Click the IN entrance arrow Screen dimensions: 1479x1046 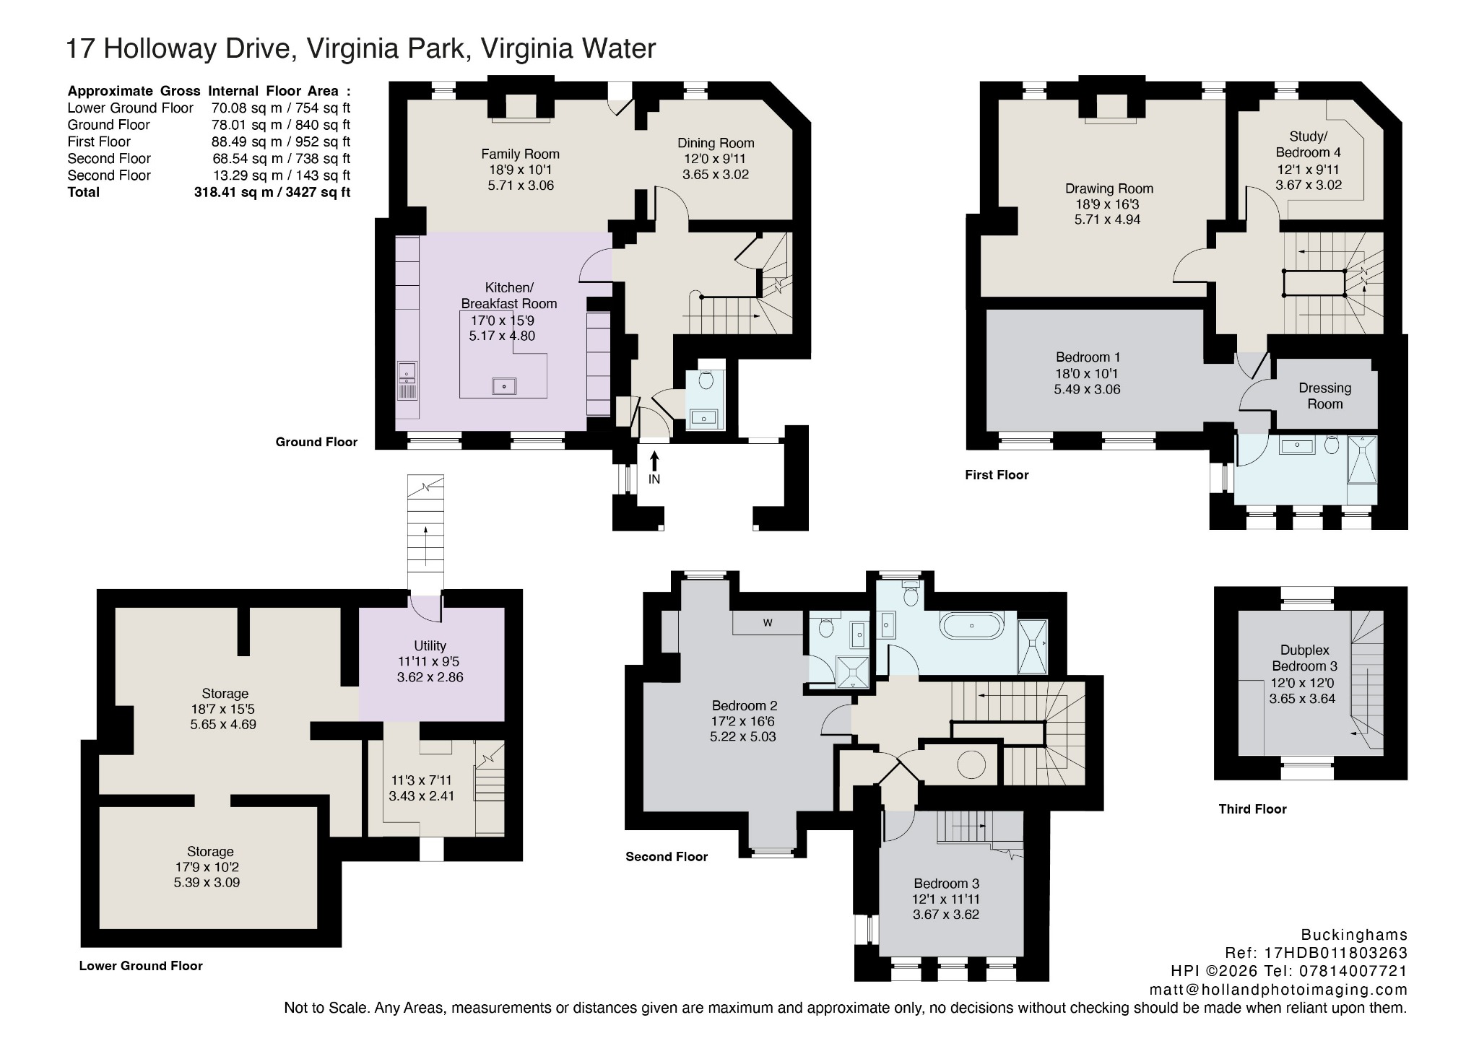654,461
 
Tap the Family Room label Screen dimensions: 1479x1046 520,154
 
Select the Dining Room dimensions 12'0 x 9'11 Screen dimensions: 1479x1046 715,159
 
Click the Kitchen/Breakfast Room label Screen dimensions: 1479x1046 509,295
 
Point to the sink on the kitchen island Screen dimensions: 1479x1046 504,386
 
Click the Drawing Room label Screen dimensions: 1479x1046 1109,188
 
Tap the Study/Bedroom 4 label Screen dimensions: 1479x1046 1308,144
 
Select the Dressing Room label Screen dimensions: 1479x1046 1324,396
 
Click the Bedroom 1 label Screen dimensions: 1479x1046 1088,357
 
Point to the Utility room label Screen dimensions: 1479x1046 430,645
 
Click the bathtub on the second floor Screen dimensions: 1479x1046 972,625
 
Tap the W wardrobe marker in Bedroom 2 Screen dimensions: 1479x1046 768,623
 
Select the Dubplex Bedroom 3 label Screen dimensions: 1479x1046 1304,658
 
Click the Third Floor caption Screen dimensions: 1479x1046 1252,809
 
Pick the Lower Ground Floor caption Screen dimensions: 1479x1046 141,966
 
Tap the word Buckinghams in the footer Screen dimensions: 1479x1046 1354,935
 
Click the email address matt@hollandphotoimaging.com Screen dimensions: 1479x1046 1278,989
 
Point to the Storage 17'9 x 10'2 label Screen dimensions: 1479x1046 209,867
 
